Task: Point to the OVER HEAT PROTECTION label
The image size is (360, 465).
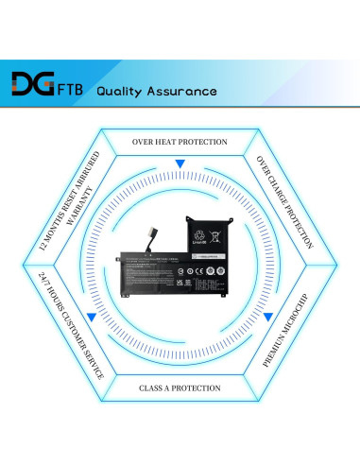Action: pos(180,142)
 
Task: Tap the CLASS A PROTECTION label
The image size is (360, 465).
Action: pos(180,387)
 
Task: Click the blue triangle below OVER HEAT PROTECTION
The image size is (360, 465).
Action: pos(180,164)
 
